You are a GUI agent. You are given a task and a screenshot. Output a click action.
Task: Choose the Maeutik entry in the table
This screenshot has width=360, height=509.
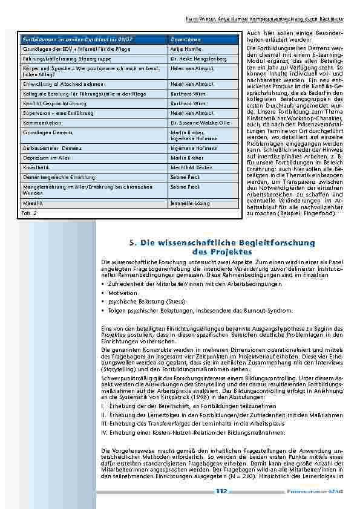31,204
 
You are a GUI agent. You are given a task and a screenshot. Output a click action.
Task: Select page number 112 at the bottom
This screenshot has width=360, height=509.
221,491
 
